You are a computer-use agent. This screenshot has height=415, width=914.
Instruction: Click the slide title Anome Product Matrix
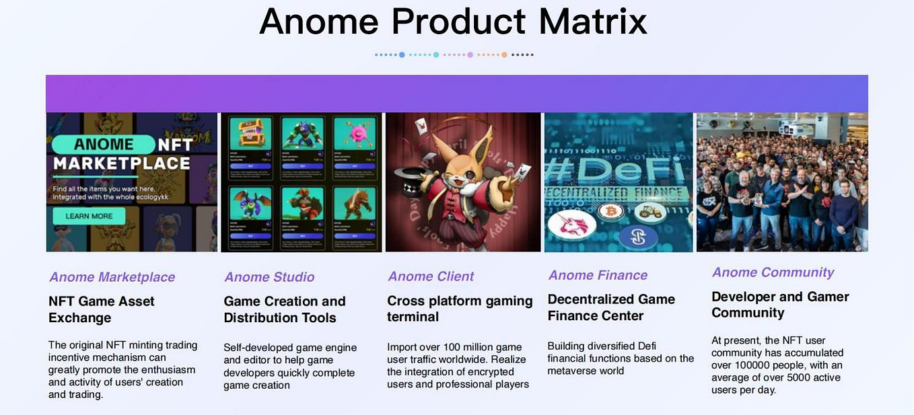tap(452, 22)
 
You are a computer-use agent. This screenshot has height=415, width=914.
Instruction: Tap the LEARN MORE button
tap(89, 216)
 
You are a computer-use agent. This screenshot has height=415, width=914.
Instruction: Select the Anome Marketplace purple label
tap(112, 277)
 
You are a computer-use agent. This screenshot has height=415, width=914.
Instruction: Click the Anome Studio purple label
tap(269, 277)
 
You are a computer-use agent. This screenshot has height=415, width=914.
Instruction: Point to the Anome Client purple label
tap(431, 276)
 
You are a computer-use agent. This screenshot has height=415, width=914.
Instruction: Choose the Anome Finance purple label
tap(598, 275)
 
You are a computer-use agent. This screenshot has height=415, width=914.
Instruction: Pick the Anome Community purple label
tap(773, 272)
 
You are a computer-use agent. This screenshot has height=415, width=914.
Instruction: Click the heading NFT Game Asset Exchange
tap(102, 309)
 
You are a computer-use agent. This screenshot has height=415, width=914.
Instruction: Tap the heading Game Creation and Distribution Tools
tap(284, 309)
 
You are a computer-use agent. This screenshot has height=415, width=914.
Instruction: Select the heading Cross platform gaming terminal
tap(460, 309)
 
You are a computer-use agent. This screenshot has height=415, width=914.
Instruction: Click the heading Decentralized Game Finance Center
tap(611, 307)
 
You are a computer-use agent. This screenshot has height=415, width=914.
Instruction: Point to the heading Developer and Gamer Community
tap(780, 305)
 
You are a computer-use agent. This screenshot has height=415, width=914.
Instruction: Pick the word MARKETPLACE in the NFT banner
tap(121, 163)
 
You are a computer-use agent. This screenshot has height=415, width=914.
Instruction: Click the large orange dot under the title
tap(504, 54)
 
